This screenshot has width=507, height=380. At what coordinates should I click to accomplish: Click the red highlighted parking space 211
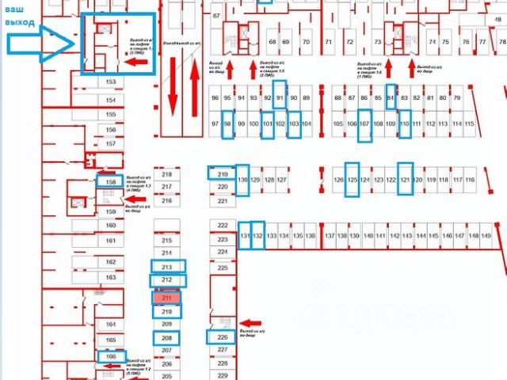pyautogui.click(x=167, y=298)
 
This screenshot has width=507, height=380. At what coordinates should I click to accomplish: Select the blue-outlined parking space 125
pyautogui.click(x=353, y=180)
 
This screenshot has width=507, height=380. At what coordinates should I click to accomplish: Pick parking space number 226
pyautogui.click(x=223, y=337)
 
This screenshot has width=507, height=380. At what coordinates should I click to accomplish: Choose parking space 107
pyautogui.click(x=365, y=125)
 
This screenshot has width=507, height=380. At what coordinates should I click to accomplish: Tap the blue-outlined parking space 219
pyautogui.click(x=223, y=174)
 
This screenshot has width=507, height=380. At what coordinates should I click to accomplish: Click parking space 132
pyautogui.click(x=257, y=236)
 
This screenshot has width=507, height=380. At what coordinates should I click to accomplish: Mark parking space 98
pyautogui.click(x=228, y=125)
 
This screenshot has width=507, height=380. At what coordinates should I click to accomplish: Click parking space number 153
pyautogui.click(x=112, y=82)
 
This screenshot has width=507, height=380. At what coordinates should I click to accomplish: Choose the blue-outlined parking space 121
pyautogui.click(x=405, y=180)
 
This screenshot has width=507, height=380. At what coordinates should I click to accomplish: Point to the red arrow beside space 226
pyautogui.click(x=250, y=322)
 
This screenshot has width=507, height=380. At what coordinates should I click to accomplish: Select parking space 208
pyautogui.click(x=167, y=338)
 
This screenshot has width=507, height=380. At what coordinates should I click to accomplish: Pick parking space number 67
pyautogui.click(x=216, y=17)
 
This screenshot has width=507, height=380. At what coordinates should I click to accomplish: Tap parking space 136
pyautogui.click(x=311, y=236)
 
